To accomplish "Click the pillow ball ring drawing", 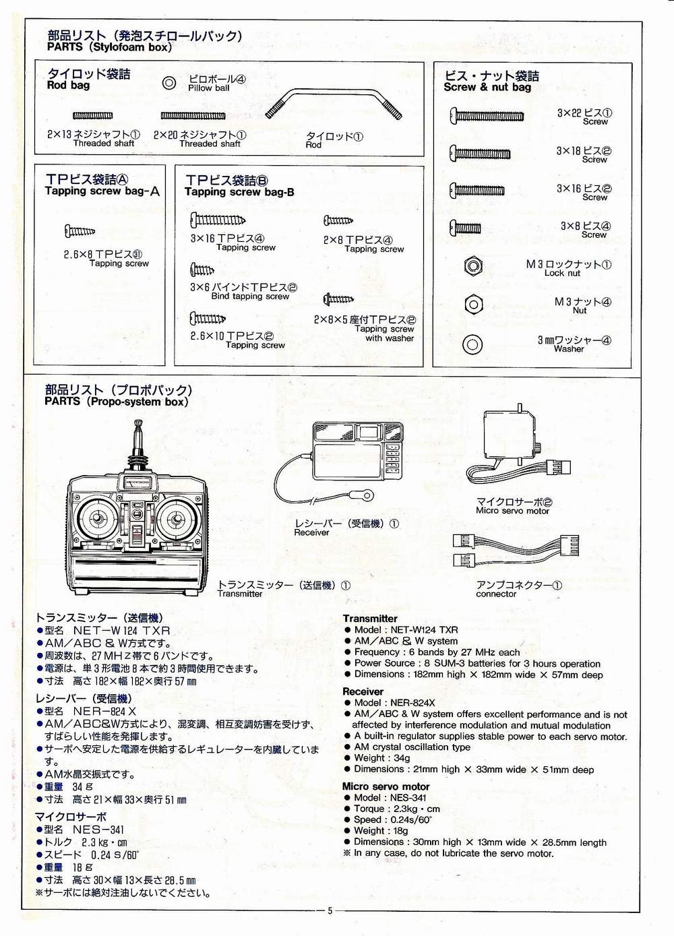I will pos(170,83).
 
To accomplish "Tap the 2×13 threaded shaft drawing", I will pos(92,116).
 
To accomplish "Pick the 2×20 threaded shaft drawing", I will pos(192,116).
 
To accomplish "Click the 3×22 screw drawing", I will pos(487,115).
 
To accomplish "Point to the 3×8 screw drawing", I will pos(466,228).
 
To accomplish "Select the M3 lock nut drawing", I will pos(473,266).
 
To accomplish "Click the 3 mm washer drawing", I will pos(473,344).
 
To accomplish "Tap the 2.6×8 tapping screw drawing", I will pos(80,232).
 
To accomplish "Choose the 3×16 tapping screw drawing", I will pos(217,220).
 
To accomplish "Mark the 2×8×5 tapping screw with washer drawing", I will pos(338,299).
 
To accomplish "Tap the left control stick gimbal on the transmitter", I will pos(96,520).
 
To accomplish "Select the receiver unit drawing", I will pos(357,450).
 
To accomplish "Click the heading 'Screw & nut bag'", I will pos(487,87).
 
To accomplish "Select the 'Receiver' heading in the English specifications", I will pos(363,691).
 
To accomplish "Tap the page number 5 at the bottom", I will pos(330,910).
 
